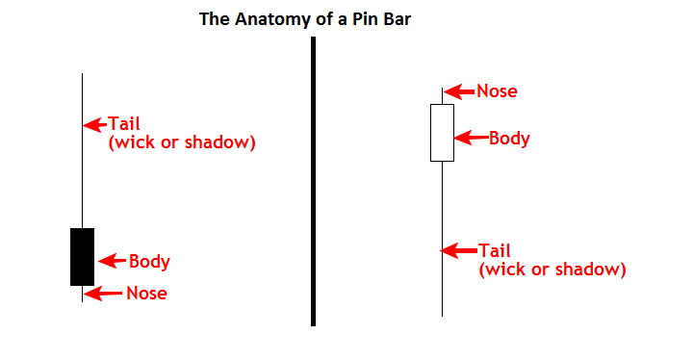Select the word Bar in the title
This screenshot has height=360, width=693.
coord(397,19)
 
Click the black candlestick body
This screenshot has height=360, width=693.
coord(82,257)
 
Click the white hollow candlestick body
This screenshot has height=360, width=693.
coord(442,133)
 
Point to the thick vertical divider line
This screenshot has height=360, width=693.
coord(314,181)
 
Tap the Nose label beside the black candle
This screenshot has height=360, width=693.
coord(146,294)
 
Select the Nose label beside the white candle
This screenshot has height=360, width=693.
coord(497,91)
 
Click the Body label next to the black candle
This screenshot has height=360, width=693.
coord(149,262)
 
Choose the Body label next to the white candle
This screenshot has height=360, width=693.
coord(509,139)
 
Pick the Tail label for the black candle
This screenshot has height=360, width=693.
coord(124,123)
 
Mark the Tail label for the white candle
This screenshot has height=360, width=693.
coord(495,251)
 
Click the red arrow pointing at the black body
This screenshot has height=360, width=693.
coord(113,261)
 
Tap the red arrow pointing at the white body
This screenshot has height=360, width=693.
coord(471,138)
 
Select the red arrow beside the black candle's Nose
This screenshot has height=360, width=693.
coord(103,294)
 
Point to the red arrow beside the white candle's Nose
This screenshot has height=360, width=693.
coord(459,91)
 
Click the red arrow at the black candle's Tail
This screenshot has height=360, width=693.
coord(94,125)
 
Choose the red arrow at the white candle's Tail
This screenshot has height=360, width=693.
coord(459,251)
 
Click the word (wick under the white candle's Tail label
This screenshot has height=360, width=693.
coord(503,270)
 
